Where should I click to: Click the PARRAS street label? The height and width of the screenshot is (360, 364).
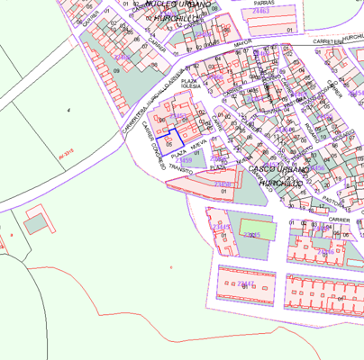(x=264, y=4)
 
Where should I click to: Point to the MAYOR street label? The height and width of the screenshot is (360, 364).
(x=241, y=41)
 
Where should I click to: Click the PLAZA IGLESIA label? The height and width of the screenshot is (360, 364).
(x=189, y=85)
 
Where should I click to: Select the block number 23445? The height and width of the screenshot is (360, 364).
(x=252, y=234)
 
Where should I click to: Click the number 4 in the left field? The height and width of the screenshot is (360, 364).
(x=68, y=109)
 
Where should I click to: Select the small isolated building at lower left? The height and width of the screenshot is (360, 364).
(x=38, y=220)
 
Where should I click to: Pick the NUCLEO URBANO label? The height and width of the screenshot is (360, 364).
(x=177, y=4)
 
